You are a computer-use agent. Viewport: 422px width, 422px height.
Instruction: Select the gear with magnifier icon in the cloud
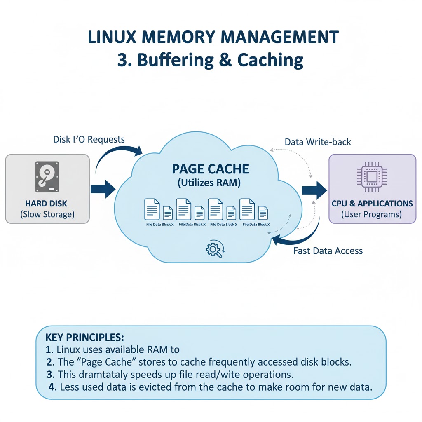tap(214, 250)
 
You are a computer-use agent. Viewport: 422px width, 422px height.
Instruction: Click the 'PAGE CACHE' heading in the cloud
tap(210, 169)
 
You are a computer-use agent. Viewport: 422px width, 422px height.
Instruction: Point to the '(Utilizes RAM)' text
tap(209, 183)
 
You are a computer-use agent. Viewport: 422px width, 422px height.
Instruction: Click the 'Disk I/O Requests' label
tap(89, 139)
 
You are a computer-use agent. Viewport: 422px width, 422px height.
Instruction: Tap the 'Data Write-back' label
tap(318, 142)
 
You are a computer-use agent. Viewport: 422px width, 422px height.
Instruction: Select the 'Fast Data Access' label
tap(328, 251)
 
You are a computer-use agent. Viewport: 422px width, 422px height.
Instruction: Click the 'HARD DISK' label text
tap(46, 204)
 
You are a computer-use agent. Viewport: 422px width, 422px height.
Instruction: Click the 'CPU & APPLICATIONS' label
tap(372, 204)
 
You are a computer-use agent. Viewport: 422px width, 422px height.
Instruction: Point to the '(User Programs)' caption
tap(372, 214)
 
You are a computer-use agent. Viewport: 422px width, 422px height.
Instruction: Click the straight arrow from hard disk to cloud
tap(103, 189)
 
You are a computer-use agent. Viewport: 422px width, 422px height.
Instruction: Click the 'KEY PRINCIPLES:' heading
tap(84, 337)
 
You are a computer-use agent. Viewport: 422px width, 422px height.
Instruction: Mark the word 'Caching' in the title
tap(270, 60)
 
